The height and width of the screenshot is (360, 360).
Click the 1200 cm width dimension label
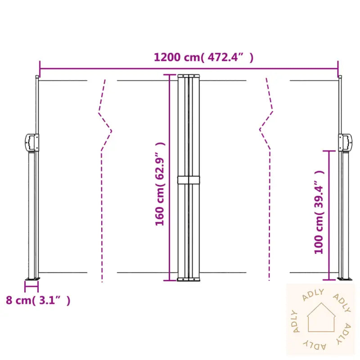tap(203, 58)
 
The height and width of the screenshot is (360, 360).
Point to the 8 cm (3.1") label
tap(38, 300)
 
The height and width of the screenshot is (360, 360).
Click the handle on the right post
tap(346, 142)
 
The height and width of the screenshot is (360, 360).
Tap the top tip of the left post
tap(37, 77)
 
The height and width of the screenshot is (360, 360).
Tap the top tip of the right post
tap(340, 77)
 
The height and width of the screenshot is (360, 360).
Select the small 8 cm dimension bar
tap(31, 284)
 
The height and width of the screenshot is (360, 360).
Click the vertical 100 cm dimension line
tap(330, 216)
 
